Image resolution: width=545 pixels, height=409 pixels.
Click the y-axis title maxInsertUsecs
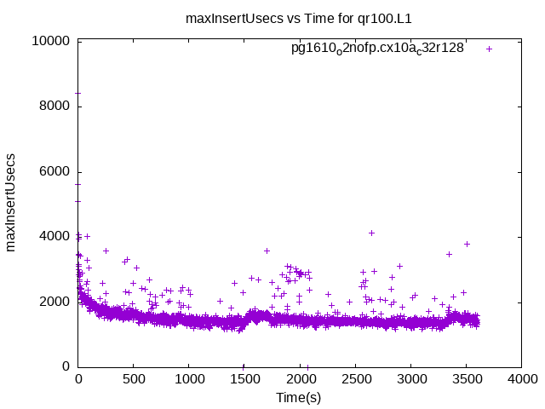pyautogui.click(x=12, y=203)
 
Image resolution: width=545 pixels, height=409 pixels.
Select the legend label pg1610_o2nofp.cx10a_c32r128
pyautogui.click(x=377, y=48)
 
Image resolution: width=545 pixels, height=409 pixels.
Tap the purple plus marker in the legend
pyautogui.click(x=489, y=49)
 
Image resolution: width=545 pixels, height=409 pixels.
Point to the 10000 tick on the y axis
pyautogui.click(x=51, y=41)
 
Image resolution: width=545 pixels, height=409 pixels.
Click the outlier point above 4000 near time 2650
pyautogui.click(x=371, y=233)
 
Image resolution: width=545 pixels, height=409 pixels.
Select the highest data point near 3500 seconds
pyautogui.click(x=467, y=244)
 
